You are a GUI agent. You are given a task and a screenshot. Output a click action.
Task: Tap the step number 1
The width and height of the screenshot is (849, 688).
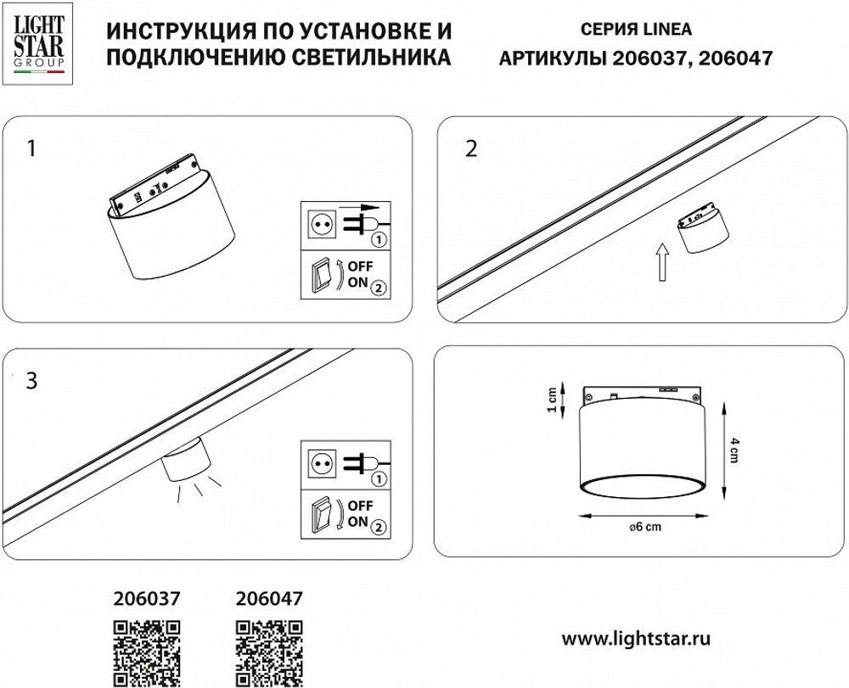[x=31, y=149]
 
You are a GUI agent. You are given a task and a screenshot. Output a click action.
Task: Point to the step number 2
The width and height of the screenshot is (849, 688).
[x=472, y=149]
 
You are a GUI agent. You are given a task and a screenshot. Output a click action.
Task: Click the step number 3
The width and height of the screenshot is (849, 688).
[x=31, y=381]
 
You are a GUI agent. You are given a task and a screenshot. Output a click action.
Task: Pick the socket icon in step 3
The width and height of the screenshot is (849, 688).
[x=323, y=463]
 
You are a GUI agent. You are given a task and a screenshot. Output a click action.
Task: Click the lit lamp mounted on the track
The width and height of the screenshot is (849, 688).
[x=186, y=460]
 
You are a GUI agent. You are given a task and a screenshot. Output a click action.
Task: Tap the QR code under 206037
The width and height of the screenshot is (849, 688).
[x=148, y=651]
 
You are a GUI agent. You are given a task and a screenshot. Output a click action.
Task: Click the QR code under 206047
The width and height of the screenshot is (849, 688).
[x=267, y=651]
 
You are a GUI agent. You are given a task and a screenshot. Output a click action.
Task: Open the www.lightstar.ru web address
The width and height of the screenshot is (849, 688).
[x=637, y=637]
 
